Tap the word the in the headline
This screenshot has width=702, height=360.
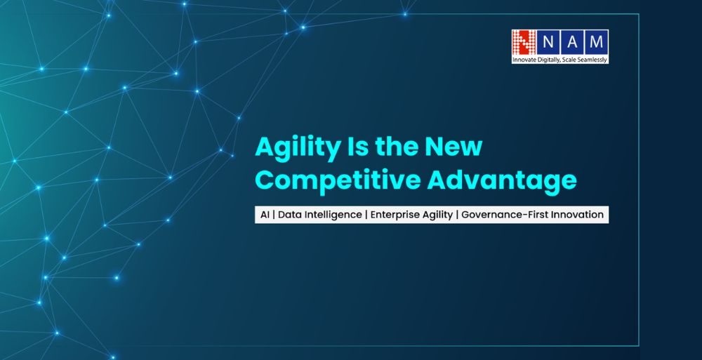tap(397, 148)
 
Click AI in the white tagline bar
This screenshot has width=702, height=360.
tap(264, 215)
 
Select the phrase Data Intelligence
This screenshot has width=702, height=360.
tap(319, 215)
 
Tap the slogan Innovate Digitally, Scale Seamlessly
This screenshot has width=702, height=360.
tap(560, 60)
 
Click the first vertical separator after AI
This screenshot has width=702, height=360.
tap(274, 215)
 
